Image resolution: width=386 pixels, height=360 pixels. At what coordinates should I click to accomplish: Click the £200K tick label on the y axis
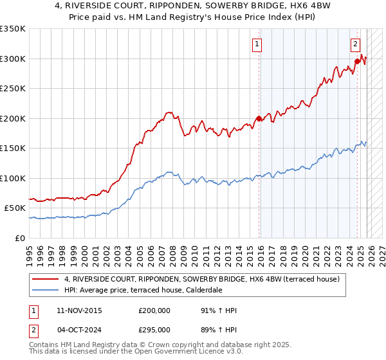13,118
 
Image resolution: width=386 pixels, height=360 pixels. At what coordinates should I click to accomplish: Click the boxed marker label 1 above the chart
257,44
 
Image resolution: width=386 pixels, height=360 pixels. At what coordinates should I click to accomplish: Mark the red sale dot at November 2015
259,118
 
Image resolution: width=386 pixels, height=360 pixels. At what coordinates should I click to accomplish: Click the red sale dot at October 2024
357,62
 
